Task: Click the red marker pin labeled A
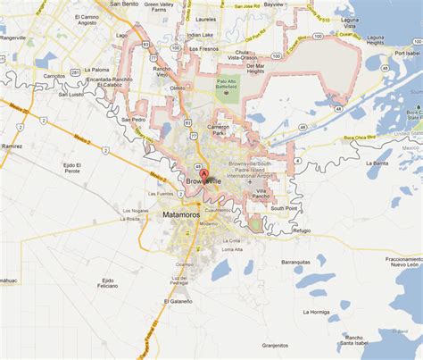click(203, 173)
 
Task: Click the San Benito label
click(123, 4)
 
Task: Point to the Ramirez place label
click(11, 145)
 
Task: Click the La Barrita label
click(378, 163)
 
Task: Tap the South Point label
click(284, 208)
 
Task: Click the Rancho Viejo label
click(162, 72)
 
